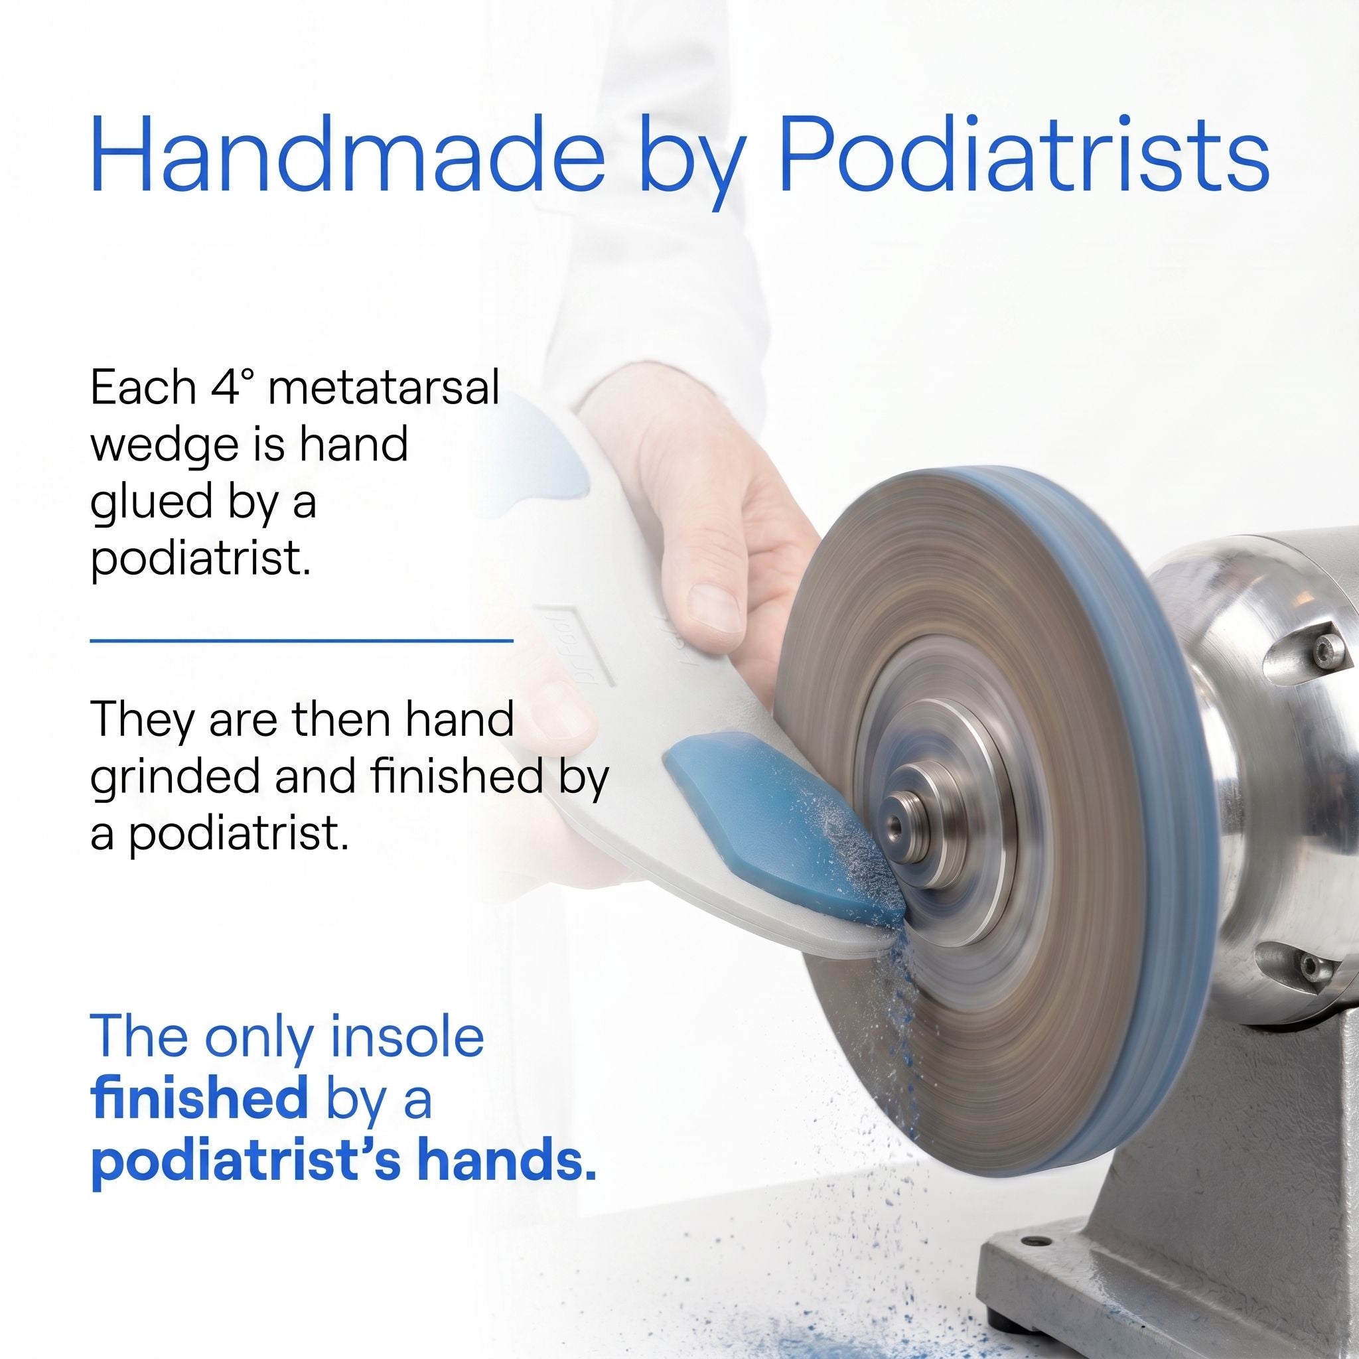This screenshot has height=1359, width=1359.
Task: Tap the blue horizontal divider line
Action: pyautogui.click(x=302, y=641)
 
